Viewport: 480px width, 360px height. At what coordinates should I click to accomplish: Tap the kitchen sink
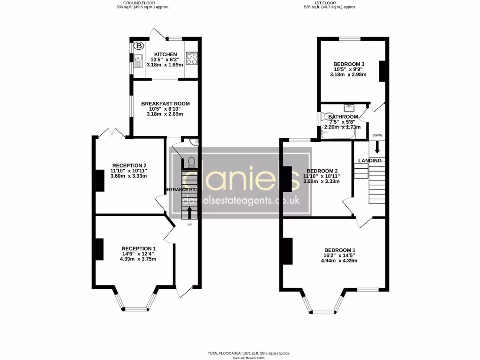137,60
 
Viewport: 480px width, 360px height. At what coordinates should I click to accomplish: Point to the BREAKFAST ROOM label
165,104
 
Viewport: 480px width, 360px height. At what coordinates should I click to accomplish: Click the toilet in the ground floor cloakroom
190,162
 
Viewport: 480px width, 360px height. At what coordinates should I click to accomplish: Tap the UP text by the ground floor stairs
189,225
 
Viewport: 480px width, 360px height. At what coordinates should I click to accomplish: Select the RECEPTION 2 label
129,165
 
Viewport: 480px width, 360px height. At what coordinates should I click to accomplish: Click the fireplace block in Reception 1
99,249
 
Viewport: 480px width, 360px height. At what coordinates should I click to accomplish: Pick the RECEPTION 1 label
139,248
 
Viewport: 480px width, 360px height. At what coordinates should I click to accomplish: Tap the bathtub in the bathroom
338,134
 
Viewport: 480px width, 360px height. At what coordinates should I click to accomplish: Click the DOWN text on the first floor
377,135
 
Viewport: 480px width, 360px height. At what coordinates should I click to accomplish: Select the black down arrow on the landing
377,148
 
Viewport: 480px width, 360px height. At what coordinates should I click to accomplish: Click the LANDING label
370,161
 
